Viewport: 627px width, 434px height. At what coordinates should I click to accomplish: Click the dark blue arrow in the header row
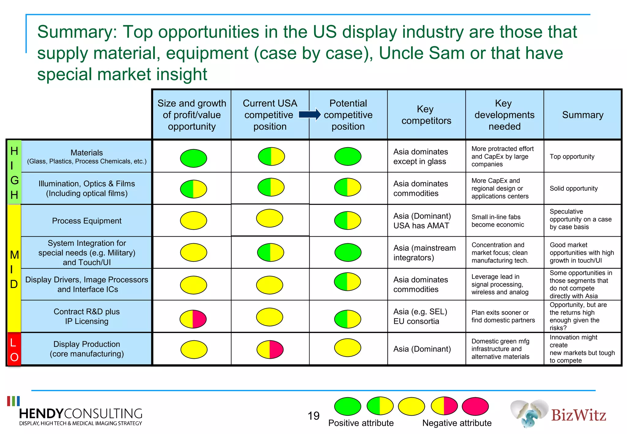point(309,115)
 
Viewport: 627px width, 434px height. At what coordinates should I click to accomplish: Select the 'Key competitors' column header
point(426,115)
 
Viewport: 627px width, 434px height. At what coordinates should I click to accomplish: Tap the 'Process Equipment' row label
point(87,221)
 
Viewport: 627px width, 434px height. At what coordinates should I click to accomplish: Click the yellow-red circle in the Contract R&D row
point(193,319)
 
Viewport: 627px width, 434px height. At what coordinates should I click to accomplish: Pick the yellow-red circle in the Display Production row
point(270,349)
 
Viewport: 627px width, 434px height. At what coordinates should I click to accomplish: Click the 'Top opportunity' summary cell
point(572,156)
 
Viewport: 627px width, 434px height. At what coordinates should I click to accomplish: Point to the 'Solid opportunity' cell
point(573,189)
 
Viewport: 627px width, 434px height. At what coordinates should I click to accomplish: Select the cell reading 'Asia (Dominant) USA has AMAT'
point(422,221)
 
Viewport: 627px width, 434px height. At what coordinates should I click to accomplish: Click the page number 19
point(313,416)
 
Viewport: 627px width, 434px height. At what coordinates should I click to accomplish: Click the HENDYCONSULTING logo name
point(81,414)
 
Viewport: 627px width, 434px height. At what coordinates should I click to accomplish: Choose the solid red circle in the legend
point(475,406)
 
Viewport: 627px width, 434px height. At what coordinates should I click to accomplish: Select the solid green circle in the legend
point(347,406)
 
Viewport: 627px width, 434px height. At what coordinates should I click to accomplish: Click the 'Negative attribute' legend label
point(456,423)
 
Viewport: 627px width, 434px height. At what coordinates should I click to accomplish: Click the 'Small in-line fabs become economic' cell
point(497,221)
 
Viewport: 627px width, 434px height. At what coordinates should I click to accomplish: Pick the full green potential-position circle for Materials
point(348,156)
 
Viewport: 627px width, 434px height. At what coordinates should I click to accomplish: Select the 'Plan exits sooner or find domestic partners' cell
point(503,316)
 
